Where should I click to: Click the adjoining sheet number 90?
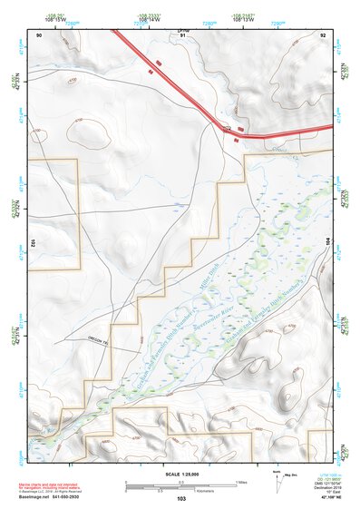point(39,34)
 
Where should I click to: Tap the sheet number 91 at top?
point(180,34)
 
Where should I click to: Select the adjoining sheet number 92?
point(323,34)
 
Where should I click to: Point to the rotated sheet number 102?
point(32,242)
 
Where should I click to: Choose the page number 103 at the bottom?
point(181,499)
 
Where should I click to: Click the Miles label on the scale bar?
point(240,481)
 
